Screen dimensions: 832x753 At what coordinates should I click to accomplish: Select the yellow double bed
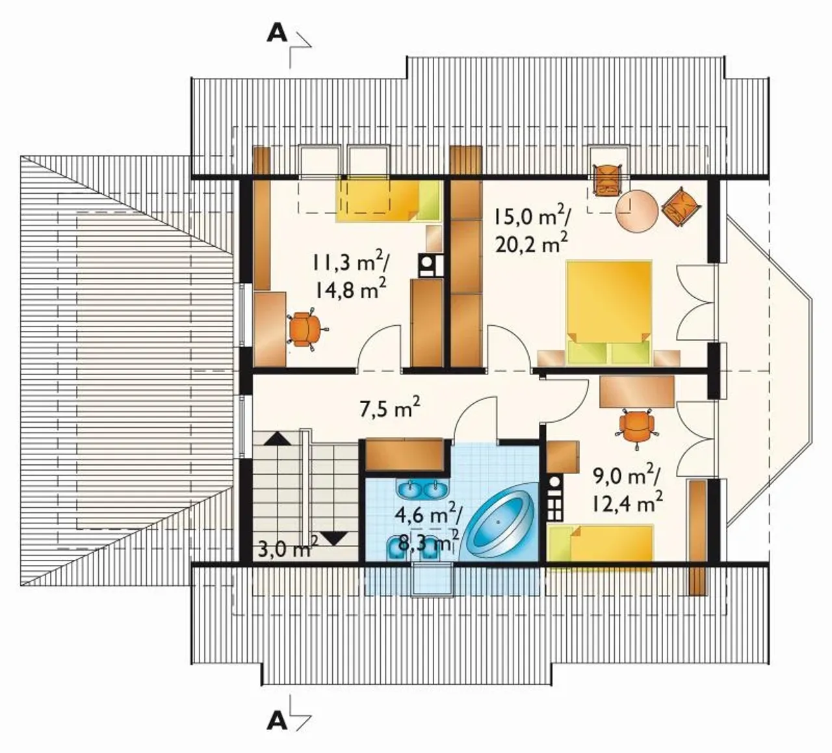[x=608, y=313]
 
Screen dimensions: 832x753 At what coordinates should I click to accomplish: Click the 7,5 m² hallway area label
[x=390, y=409]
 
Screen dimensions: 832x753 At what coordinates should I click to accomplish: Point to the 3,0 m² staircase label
[x=288, y=549]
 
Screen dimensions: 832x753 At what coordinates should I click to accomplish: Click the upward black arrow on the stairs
[x=277, y=439]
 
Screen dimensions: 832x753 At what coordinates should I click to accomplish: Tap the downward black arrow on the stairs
[x=334, y=538]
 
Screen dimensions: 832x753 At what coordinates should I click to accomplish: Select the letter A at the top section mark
[x=277, y=34]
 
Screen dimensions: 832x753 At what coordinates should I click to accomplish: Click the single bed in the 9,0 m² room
[x=600, y=548]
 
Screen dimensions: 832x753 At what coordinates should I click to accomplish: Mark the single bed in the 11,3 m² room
[x=387, y=200]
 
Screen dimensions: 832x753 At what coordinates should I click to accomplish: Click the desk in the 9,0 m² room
[x=636, y=391]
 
